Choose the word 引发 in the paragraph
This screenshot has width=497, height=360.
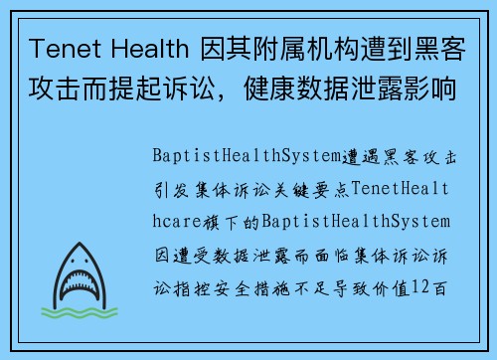(x=171, y=188)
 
